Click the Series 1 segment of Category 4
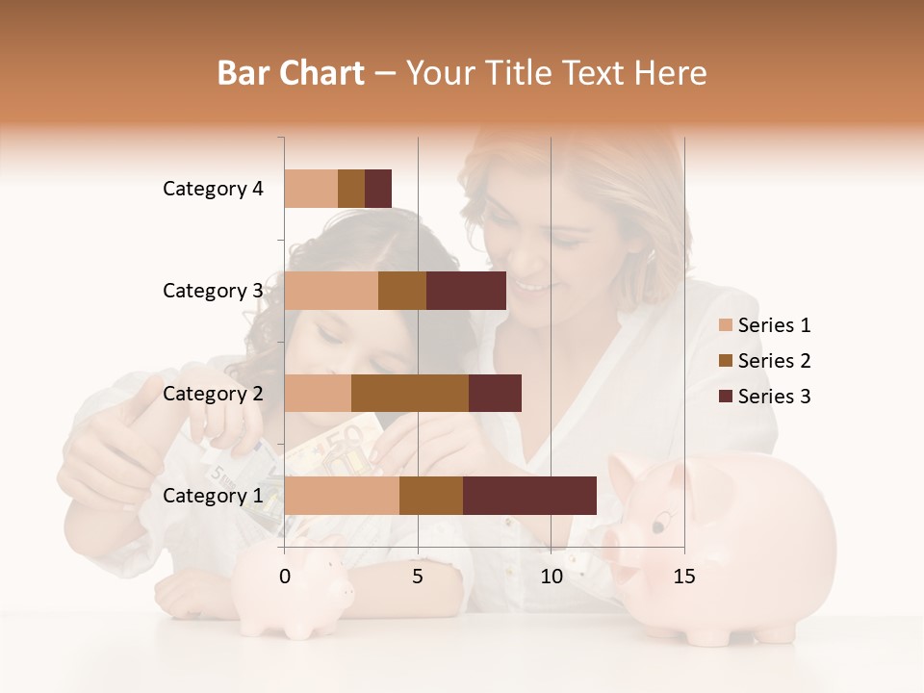tap(311, 189)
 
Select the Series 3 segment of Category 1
tap(529, 496)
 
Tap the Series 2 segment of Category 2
tap(410, 393)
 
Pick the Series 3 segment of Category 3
tap(466, 291)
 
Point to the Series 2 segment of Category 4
tap(351, 189)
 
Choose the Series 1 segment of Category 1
tap(342, 496)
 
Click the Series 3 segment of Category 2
tap(495, 393)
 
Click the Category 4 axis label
tap(213, 189)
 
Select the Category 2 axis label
tap(213, 394)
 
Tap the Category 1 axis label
tap(213, 496)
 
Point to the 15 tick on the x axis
tap(683, 577)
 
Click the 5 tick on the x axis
tap(418, 577)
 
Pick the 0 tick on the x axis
tap(285, 577)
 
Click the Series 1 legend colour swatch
tap(725, 325)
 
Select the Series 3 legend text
tap(774, 397)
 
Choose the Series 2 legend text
tap(774, 361)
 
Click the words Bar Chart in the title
tap(291, 73)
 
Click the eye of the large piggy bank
tap(659, 526)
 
